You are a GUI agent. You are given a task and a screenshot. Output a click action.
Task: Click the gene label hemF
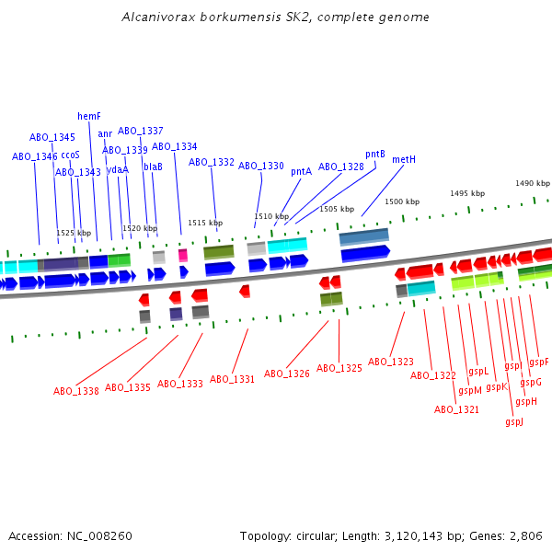coord(89,117)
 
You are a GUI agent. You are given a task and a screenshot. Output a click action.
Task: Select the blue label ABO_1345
coord(52,137)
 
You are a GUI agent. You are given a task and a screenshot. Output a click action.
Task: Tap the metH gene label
coord(404,159)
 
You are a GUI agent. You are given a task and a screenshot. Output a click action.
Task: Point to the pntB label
coord(375,155)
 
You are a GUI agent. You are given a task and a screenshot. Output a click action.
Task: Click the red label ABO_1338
coord(76,391)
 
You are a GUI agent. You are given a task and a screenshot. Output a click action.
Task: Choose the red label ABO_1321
coord(457,409)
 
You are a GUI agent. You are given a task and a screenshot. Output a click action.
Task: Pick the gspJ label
coord(514,421)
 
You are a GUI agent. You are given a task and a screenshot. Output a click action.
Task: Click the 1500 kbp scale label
coord(402,201)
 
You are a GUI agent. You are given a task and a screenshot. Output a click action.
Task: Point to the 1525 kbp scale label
coord(75,233)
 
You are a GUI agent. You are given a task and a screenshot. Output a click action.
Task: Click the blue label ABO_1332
coord(212,162)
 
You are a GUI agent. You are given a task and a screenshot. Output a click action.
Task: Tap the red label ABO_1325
coord(339,368)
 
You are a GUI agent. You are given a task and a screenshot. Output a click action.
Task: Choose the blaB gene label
coord(153,167)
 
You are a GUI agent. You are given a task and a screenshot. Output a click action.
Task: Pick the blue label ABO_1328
coord(341,167)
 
